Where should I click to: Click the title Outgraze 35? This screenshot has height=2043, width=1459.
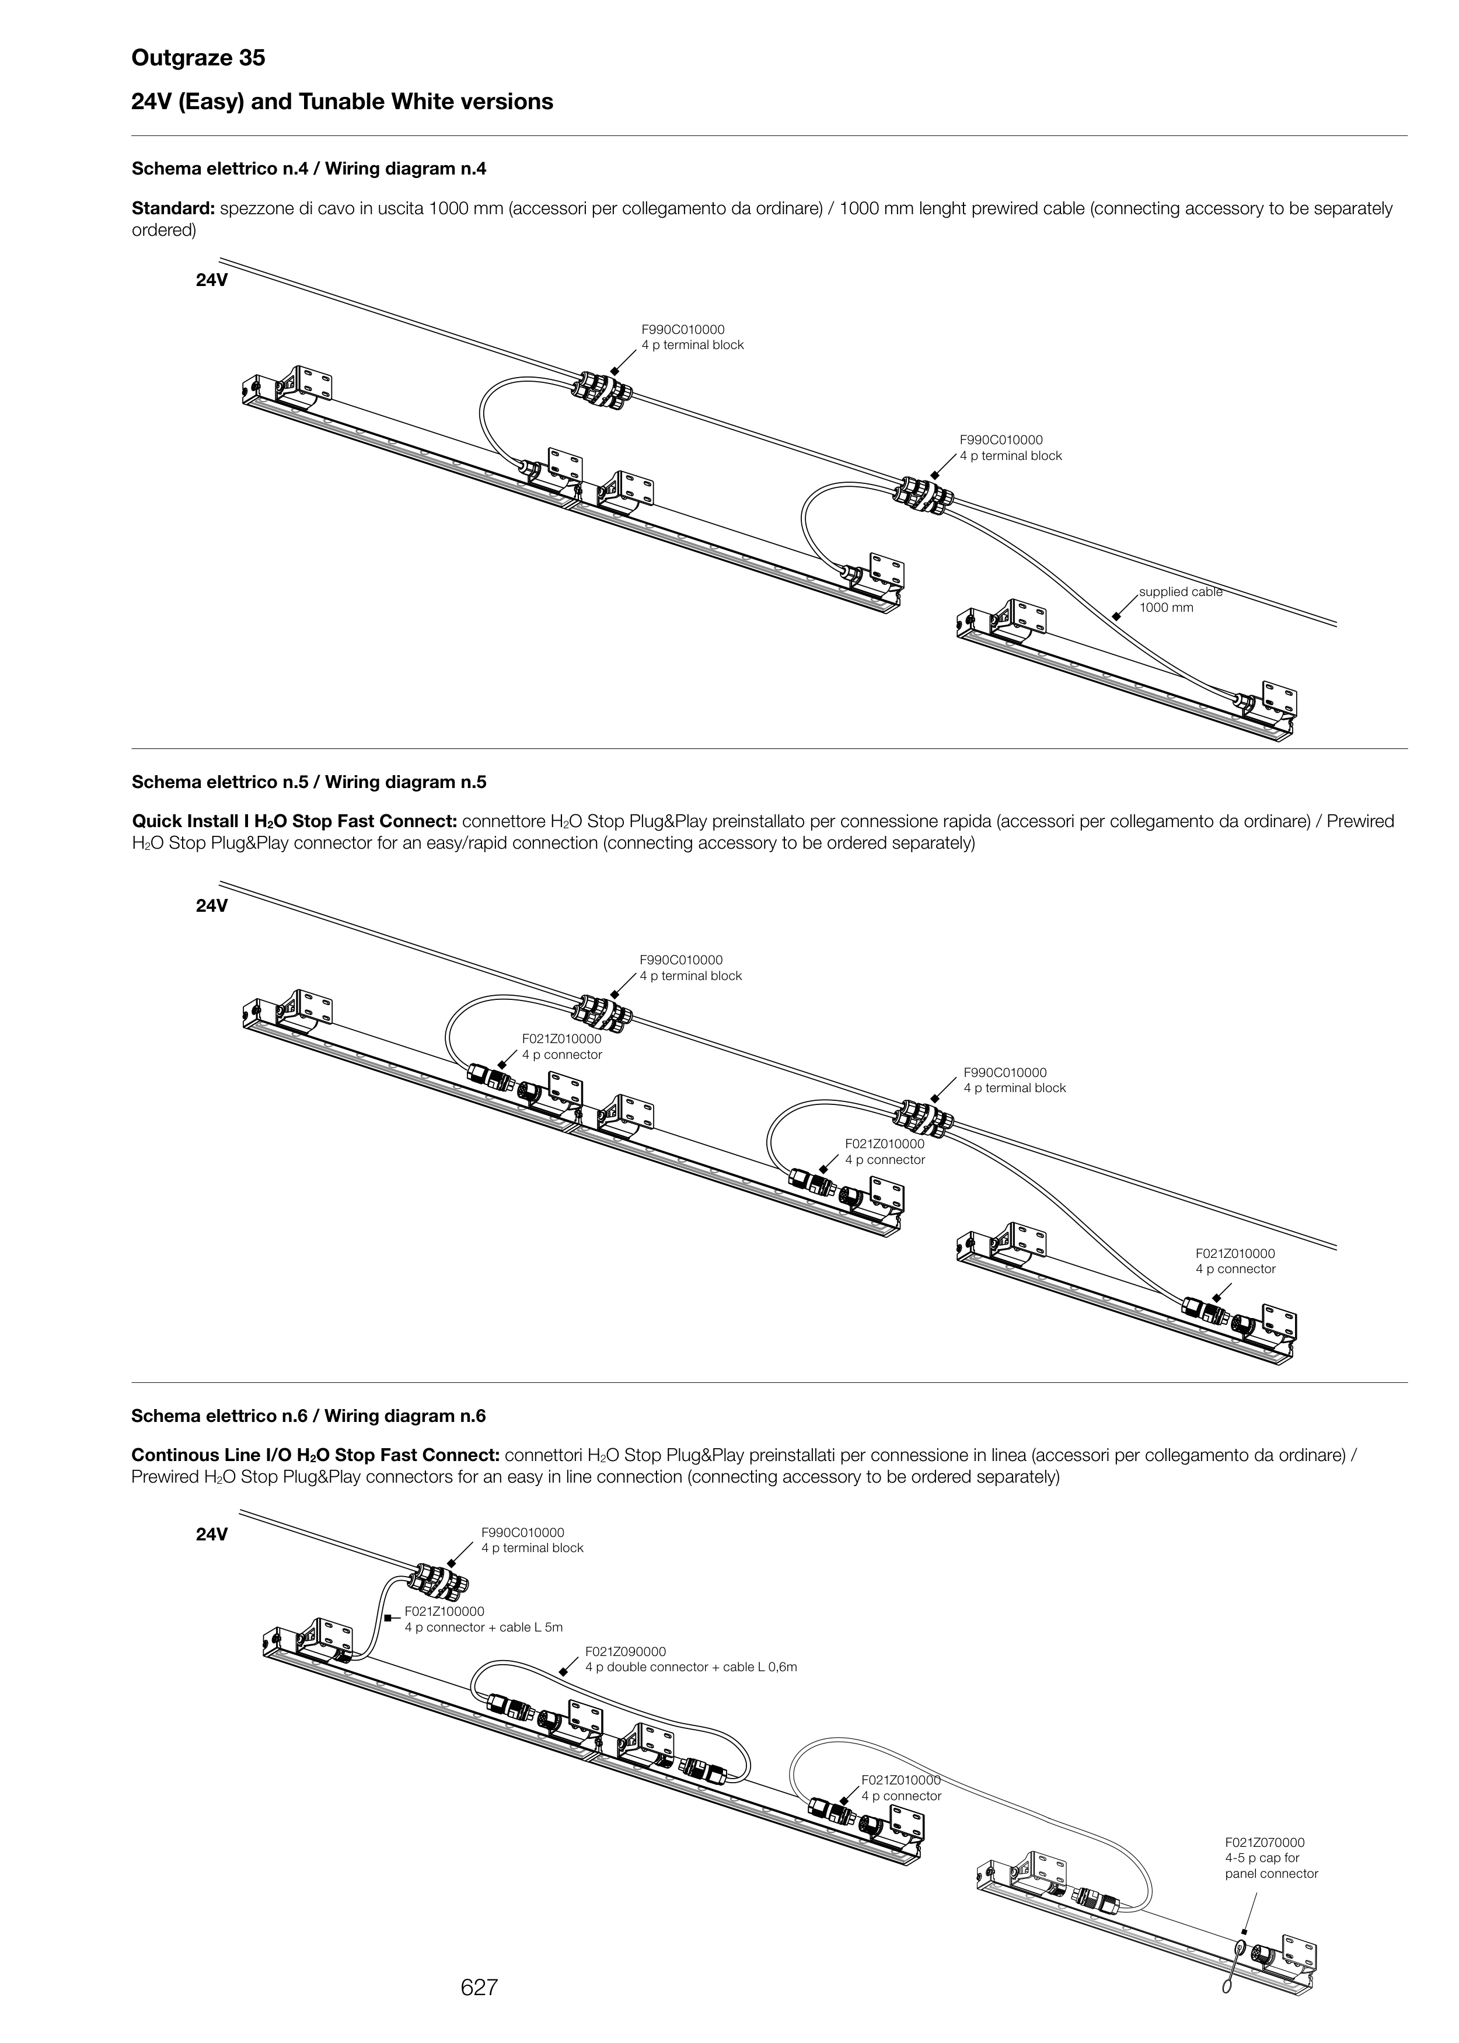(x=198, y=58)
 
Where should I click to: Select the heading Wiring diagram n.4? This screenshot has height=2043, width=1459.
(x=309, y=168)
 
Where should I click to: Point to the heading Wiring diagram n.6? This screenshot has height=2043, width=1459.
(x=309, y=1416)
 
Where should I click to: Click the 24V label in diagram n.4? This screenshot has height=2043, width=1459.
(x=212, y=280)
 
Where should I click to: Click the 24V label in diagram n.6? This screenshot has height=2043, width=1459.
(x=212, y=1535)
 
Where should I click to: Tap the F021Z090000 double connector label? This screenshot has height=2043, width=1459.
(x=690, y=1659)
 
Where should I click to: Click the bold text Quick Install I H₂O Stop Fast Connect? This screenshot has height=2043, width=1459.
(x=295, y=821)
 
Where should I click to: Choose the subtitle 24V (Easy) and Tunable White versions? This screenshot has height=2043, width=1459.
(x=343, y=102)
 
